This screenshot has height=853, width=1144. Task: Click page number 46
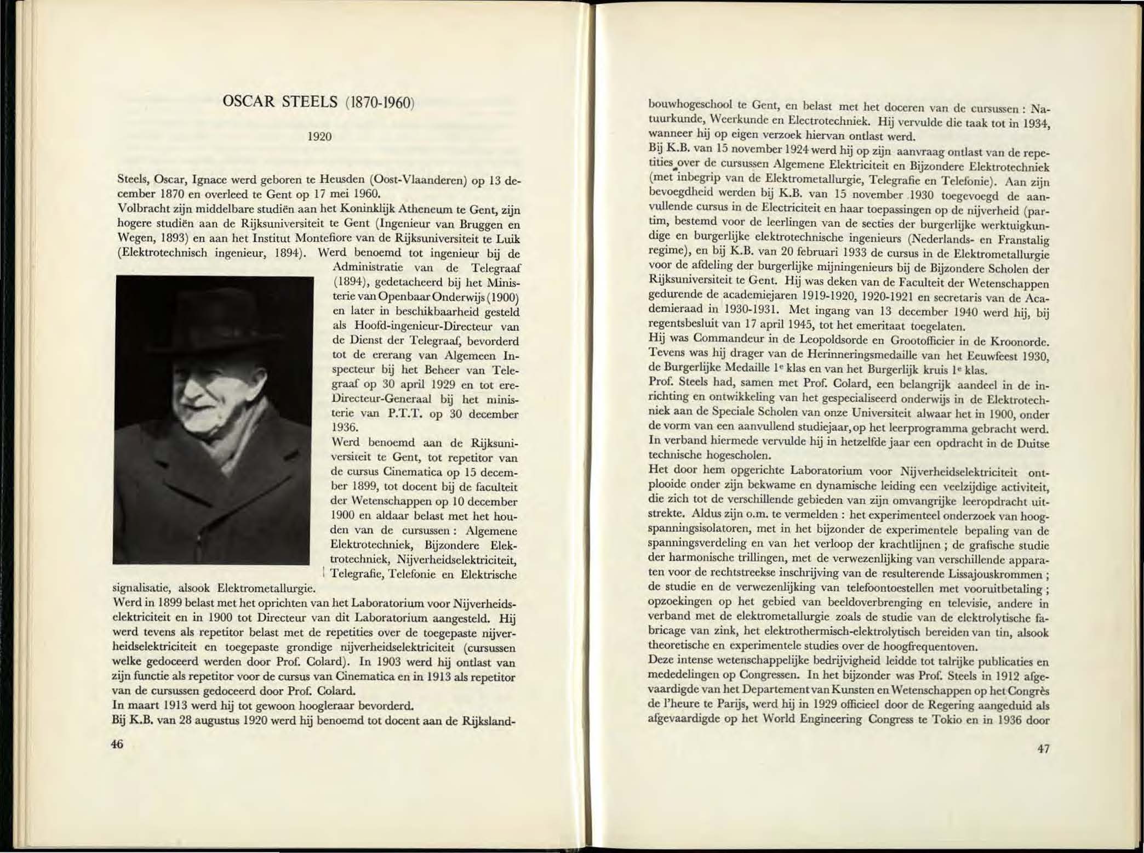[117, 744]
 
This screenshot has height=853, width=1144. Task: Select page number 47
[1043, 749]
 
